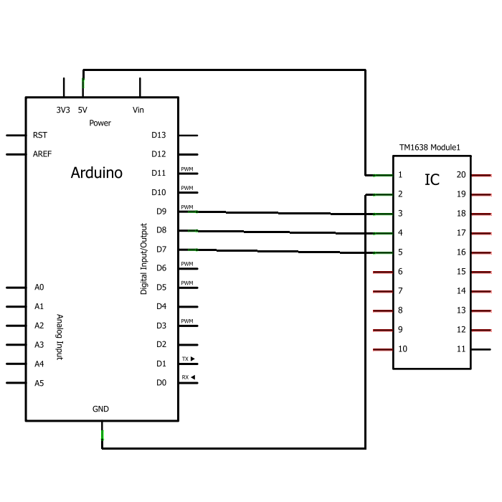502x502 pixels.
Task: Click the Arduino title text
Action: coord(97,173)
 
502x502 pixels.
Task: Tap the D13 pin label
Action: coord(158,135)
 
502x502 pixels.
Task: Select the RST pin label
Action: coord(40,135)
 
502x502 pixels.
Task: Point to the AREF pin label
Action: coord(42,154)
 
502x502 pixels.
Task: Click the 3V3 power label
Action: coord(63,110)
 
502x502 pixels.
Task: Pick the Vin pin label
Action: coord(138,110)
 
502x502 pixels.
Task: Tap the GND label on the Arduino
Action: coord(100,409)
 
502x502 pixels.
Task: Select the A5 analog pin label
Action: coord(39,383)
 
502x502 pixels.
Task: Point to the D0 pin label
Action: coord(161,383)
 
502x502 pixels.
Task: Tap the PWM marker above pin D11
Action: coord(187,169)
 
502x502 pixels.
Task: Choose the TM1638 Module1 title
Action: coord(430,148)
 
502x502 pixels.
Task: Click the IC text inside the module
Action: coord(432,180)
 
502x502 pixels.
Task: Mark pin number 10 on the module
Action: coord(403,349)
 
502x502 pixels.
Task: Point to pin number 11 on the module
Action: coord(461,349)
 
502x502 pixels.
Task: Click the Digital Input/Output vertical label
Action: coord(144,248)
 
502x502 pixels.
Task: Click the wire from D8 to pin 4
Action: coord(287,232)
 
